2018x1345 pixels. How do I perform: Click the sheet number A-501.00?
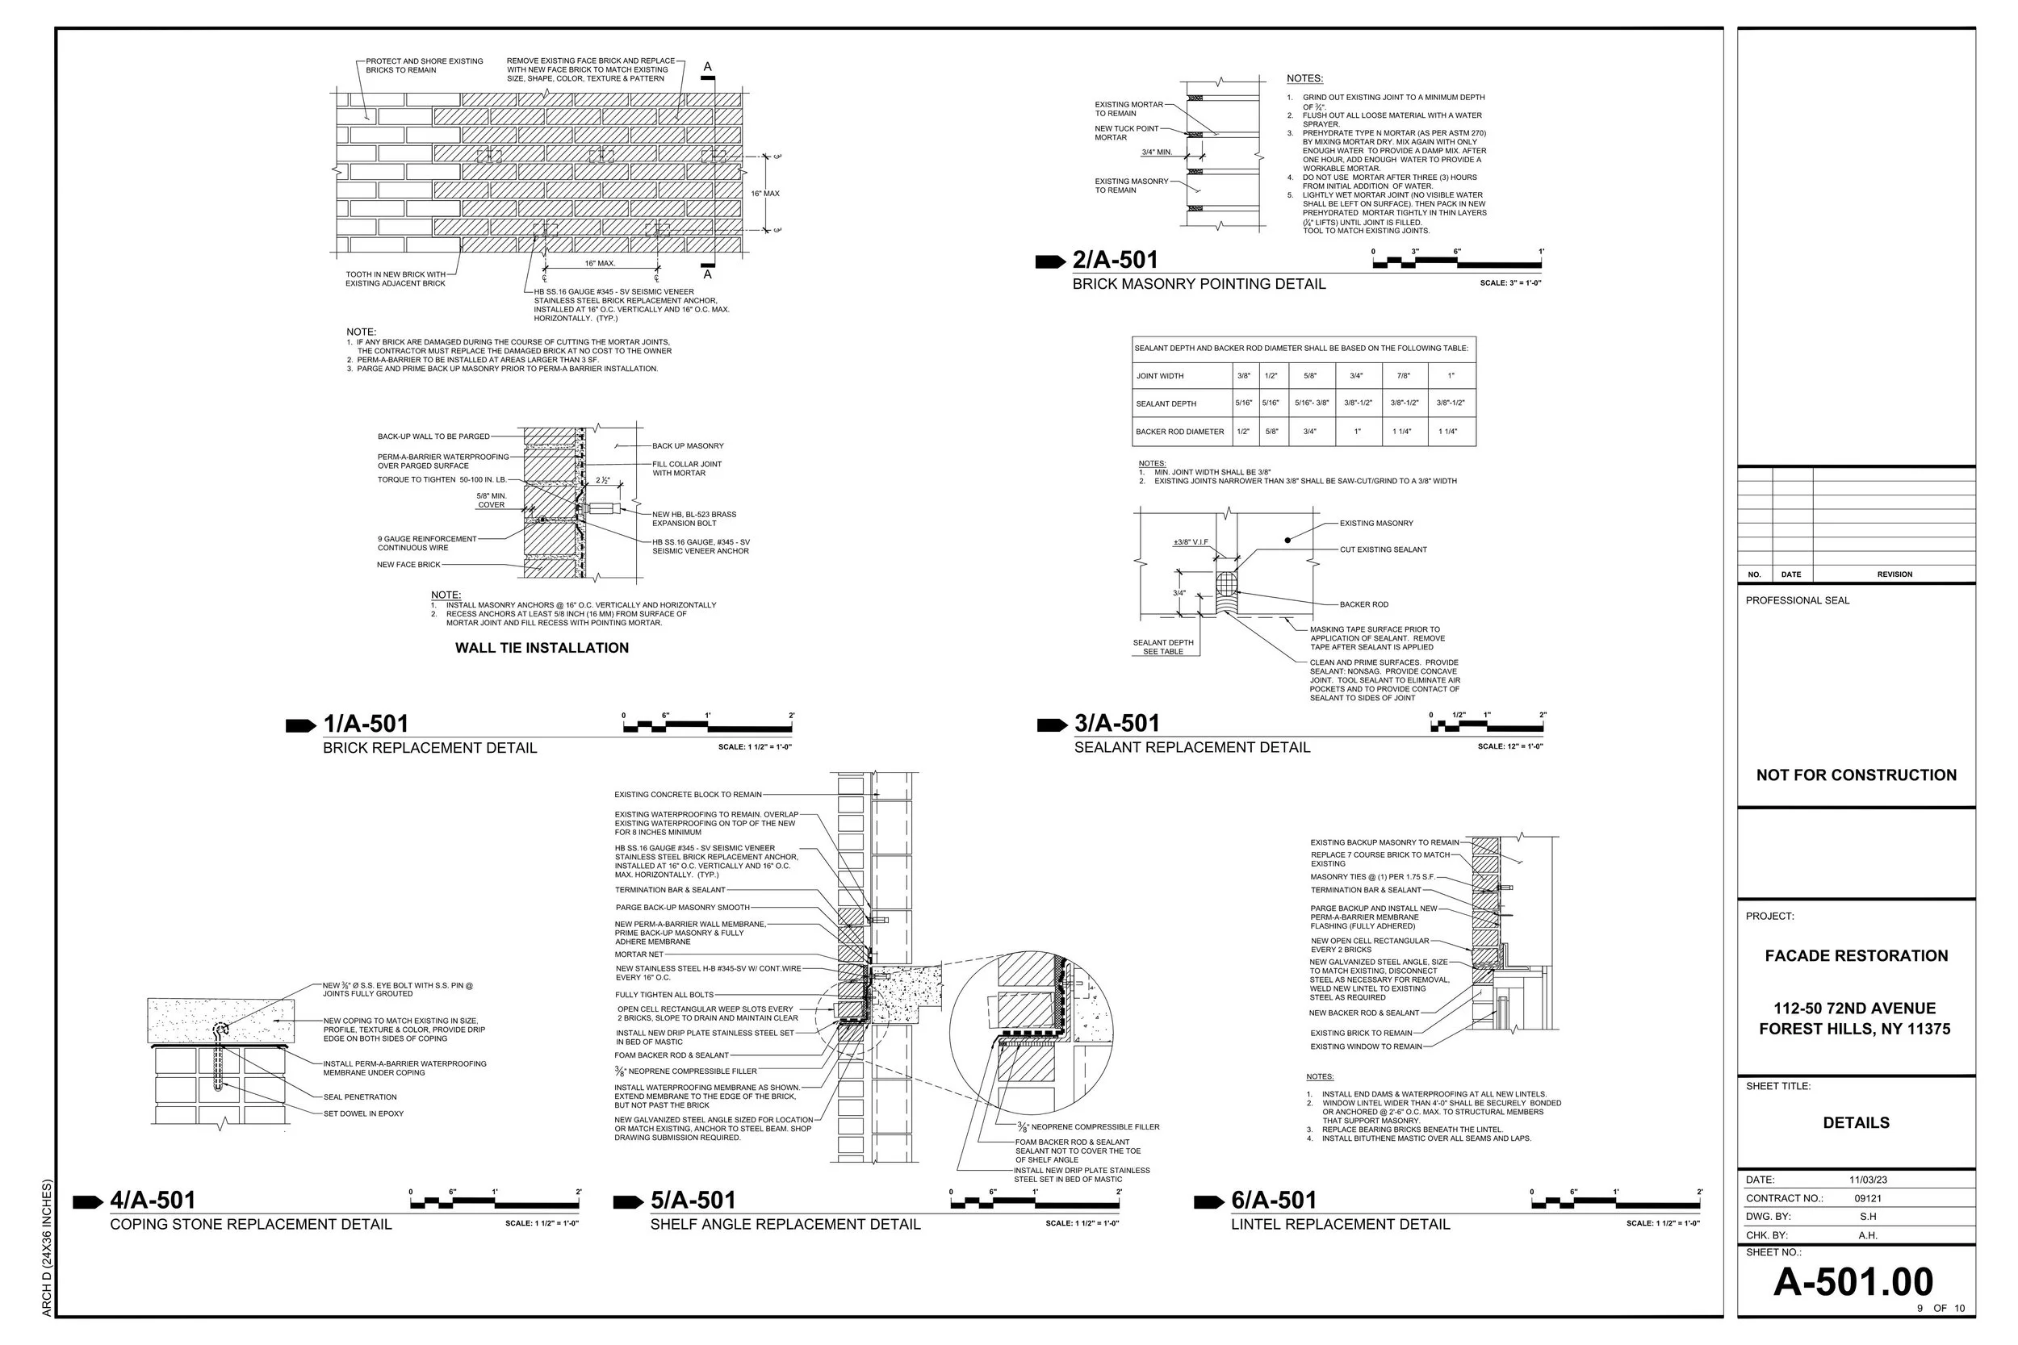click(x=1853, y=1281)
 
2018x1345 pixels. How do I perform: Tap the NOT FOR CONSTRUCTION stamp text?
click(x=1856, y=775)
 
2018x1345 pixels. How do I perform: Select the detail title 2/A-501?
click(x=1115, y=260)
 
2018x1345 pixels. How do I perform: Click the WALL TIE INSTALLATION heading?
click(x=542, y=649)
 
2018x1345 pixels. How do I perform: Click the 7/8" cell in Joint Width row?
click(x=1405, y=376)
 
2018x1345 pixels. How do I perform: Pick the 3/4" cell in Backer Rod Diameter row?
click(x=1309, y=432)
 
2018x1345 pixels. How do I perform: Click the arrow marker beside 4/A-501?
click(x=87, y=1201)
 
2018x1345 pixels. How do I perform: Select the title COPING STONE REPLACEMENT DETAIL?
click(x=250, y=1225)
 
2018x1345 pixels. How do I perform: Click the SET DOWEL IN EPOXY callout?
click(x=363, y=1114)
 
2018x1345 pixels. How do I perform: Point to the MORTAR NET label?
click(x=638, y=954)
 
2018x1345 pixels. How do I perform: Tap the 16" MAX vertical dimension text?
click(x=765, y=194)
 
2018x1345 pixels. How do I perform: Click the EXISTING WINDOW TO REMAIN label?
click(x=1366, y=1046)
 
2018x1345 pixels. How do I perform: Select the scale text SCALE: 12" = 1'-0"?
click(x=1510, y=747)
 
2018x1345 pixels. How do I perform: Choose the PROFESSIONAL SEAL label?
click(x=1798, y=600)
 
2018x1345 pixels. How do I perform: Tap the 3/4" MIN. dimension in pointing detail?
click(x=1156, y=152)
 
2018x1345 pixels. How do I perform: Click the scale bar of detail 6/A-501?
click(x=1615, y=1205)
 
